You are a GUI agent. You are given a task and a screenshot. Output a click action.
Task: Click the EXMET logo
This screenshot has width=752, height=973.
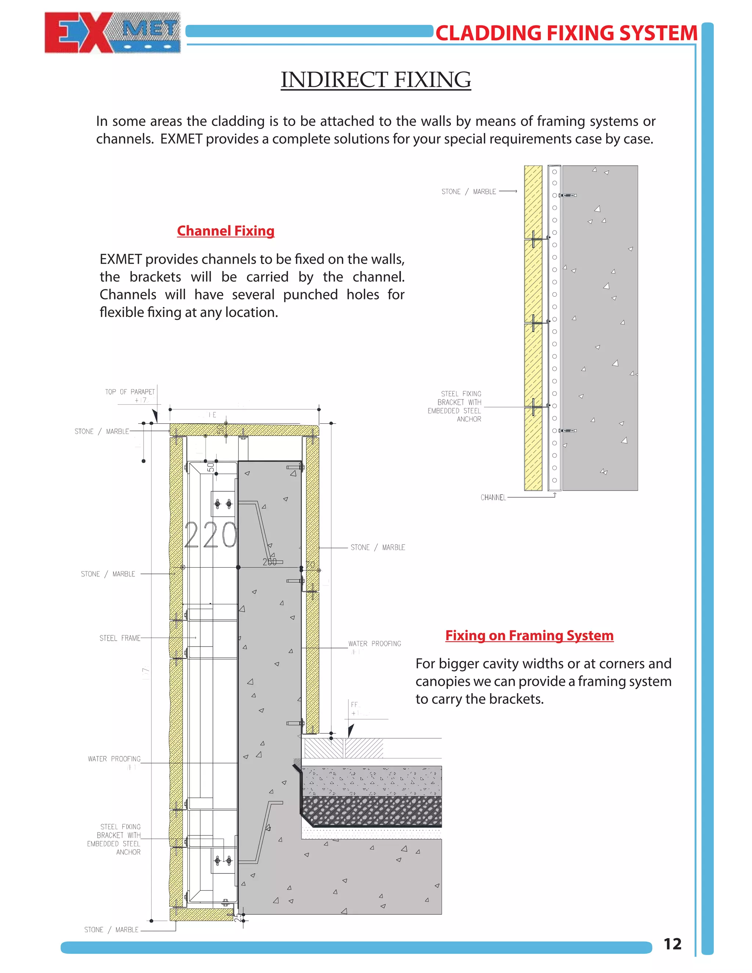coord(112,33)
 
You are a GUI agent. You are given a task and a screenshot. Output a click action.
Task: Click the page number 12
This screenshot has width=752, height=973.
coord(672,944)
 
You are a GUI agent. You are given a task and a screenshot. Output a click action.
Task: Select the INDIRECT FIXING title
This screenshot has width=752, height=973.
coord(376,80)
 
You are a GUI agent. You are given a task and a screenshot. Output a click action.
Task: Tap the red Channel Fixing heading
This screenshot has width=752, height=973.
coord(225,231)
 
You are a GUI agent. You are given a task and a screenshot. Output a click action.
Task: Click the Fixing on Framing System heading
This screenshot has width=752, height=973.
coord(529,635)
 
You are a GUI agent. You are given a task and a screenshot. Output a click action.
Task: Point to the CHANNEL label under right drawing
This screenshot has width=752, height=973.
coord(493,498)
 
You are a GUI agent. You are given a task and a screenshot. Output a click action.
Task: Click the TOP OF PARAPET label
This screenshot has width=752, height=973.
coord(130,392)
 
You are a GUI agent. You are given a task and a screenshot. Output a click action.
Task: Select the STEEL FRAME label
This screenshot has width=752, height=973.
coord(120,638)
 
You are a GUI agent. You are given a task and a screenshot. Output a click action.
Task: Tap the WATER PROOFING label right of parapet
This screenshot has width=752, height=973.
coord(374,644)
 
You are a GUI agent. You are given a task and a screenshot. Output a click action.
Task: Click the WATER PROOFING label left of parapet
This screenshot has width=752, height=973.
coord(114,759)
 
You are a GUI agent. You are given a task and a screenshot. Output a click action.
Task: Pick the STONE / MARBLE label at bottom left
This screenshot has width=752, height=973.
coord(111,930)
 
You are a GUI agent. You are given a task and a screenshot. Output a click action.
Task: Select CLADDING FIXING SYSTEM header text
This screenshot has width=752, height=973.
coord(566,33)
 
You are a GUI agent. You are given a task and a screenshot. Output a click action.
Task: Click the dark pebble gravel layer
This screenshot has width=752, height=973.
coord(372,811)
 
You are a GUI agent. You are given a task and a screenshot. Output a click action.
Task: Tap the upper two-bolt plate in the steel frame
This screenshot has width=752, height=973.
coord(223,503)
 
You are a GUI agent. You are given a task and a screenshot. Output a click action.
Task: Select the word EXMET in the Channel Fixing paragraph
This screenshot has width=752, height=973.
coord(120,259)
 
